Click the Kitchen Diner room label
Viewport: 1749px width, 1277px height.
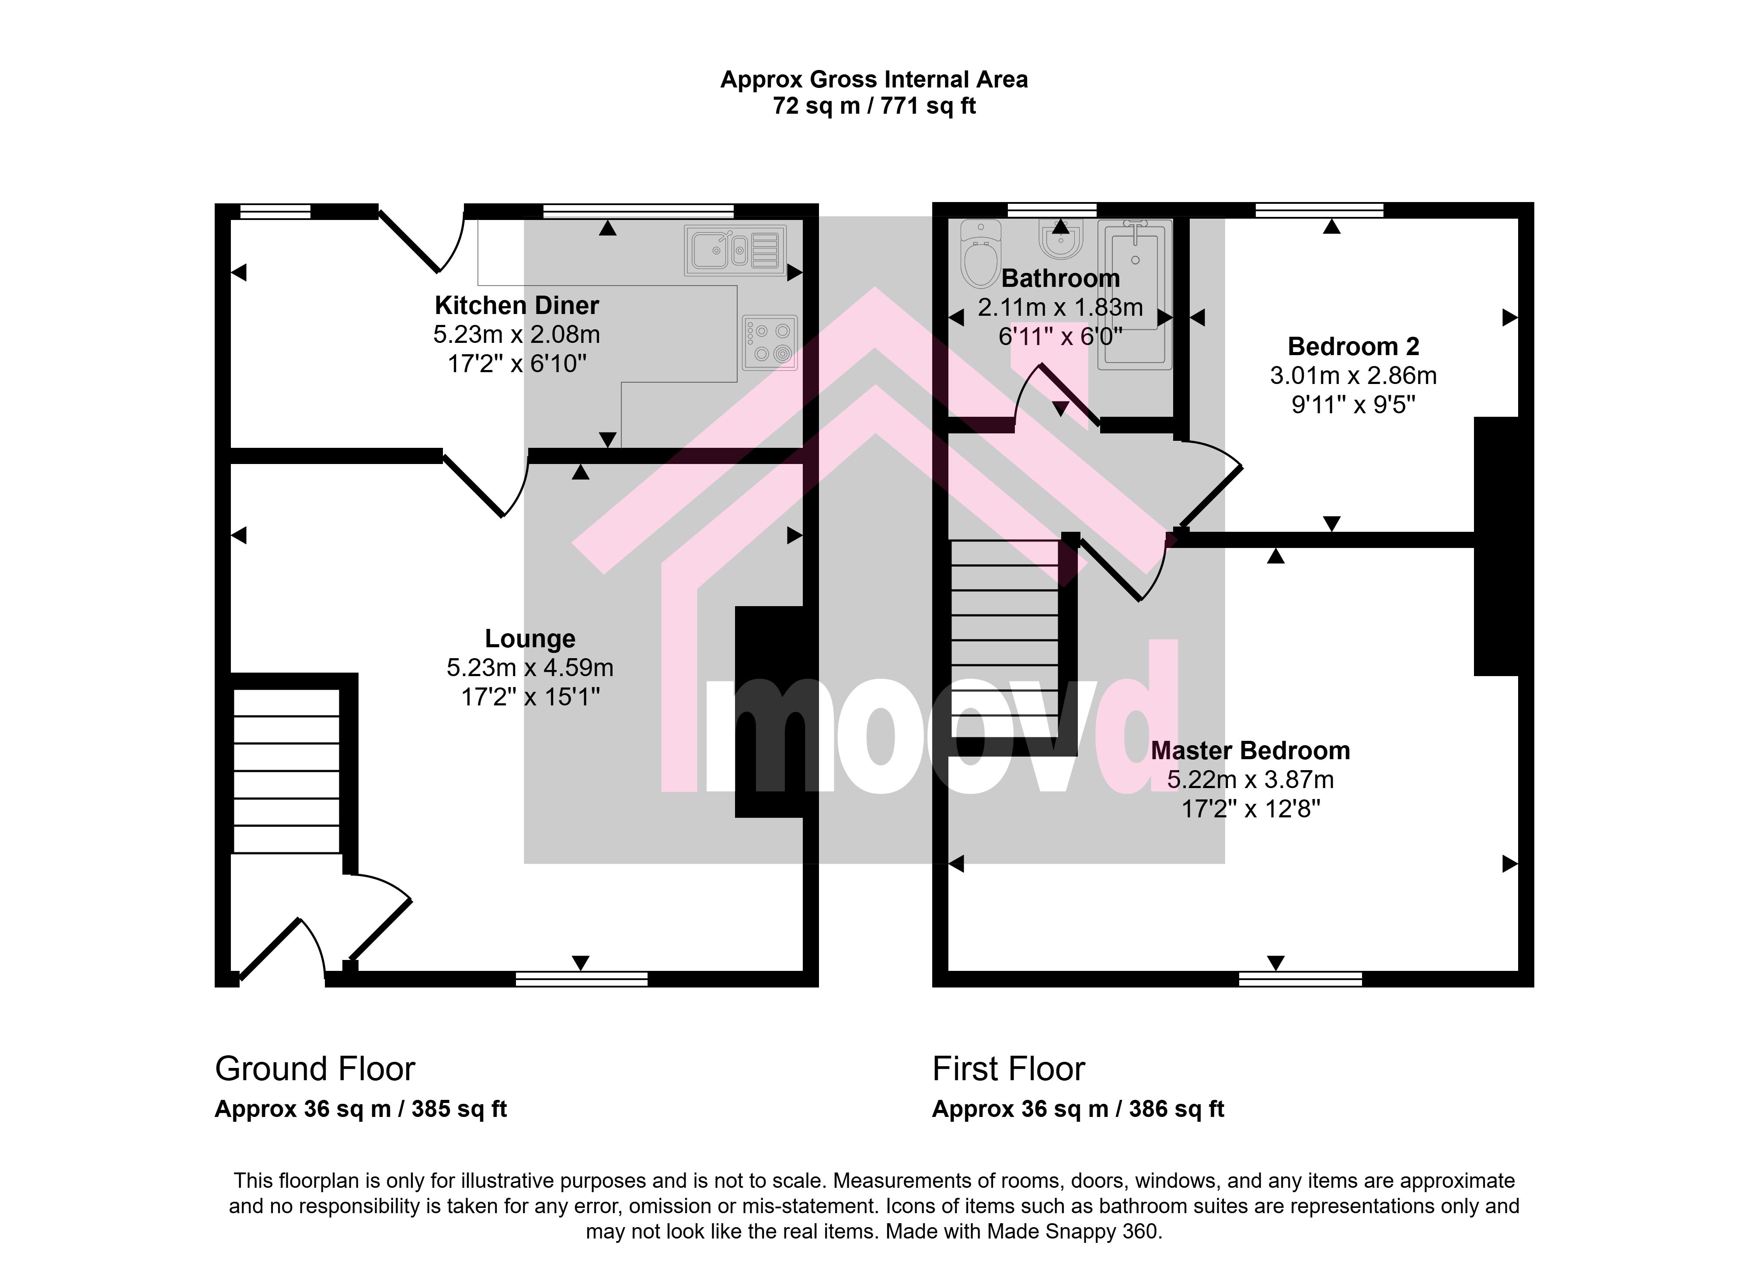[x=516, y=305]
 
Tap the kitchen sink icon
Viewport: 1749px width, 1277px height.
[x=735, y=251]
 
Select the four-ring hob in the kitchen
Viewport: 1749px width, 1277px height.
[x=769, y=342]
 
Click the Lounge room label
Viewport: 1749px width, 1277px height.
[x=530, y=638]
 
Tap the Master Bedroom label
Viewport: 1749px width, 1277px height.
[x=1251, y=750]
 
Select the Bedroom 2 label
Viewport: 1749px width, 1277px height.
[x=1353, y=346]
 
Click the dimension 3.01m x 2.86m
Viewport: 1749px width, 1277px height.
[x=1353, y=376]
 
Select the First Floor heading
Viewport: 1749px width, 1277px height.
[x=1009, y=1069]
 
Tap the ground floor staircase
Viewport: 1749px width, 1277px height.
[x=286, y=771]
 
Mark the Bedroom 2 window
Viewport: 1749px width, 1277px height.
[x=1319, y=210]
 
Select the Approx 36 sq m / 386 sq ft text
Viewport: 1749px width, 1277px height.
[x=1078, y=1109]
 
